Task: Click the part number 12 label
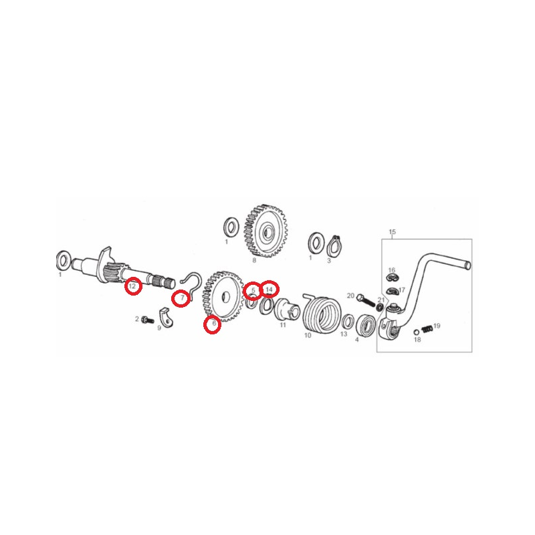[x=132, y=286]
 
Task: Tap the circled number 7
[x=183, y=298]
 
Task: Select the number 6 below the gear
[x=214, y=323]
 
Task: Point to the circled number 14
[x=270, y=290]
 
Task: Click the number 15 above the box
[x=392, y=231]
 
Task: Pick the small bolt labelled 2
[x=148, y=320]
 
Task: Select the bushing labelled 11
[x=287, y=310]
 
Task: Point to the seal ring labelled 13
[x=348, y=322]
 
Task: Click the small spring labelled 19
[x=427, y=329]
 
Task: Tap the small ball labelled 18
[x=416, y=332]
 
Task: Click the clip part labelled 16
[x=393, y=278]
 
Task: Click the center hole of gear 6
[x=224, y=297]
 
